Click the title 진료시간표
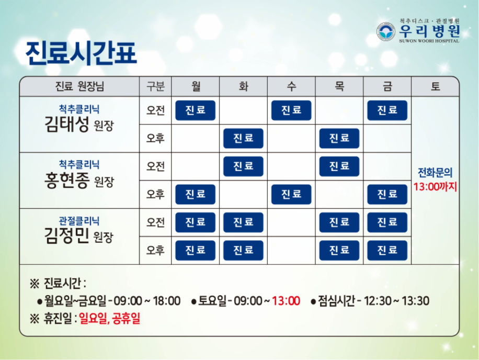81,53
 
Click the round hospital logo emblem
385,31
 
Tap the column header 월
196,86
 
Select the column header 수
291,86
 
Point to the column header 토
435,86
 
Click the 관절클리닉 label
79,221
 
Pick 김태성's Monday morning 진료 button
195,110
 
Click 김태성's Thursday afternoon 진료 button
339,138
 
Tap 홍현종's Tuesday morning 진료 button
243,166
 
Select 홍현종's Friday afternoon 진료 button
387,194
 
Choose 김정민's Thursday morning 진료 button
339,222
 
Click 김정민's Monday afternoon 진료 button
195,250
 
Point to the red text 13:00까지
435,186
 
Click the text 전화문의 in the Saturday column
435,173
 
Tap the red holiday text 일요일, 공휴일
110,319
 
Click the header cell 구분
155,86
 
